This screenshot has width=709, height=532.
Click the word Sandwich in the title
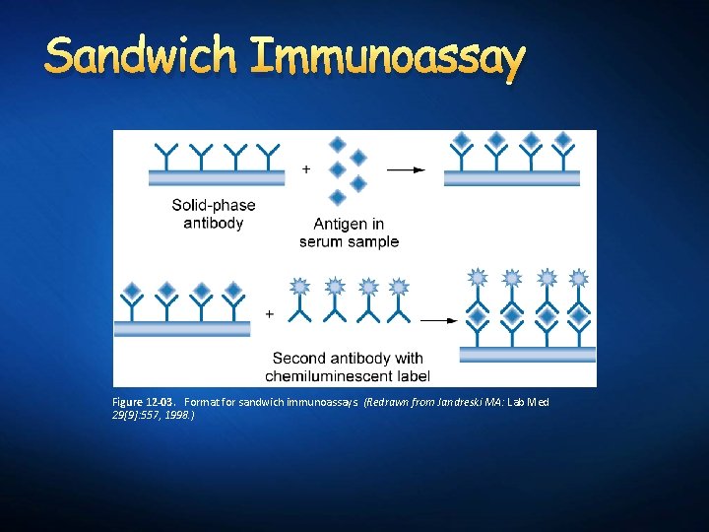(x=140, y=57)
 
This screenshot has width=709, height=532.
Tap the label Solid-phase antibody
(x=213, y=214)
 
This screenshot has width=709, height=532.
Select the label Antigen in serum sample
(x=349, y=233)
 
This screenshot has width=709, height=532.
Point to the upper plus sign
(x=306, y=169)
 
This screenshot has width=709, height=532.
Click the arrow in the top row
(x=405, y=169)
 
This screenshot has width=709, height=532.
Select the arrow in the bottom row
(x=439, y=320)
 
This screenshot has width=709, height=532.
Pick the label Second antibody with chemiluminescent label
(x=348, y=366)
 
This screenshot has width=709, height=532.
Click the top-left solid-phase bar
(x=218, y=177)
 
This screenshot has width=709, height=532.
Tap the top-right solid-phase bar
(x=512, y=177)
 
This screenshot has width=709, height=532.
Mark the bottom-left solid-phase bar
(x=183, y=329)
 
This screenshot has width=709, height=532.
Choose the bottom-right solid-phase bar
(x=527, y=354)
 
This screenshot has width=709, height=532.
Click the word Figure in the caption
(x=128, y=403)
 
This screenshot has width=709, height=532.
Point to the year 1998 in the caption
(x=178, y=416)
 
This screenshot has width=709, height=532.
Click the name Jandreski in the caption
(x=459, y=403)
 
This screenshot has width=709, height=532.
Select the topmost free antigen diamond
(x=338, y=145)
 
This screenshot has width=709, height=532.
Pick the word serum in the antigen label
(x=321, y=241)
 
